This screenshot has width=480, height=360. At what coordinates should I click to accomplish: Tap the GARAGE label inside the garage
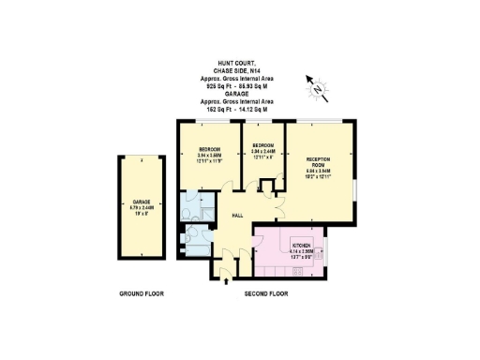click(142, 202)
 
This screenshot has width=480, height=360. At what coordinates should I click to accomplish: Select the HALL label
click(238, 216)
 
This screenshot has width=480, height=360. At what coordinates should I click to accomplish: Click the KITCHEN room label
click(301, 243)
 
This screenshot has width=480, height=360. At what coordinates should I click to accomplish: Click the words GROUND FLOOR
click(142, 293)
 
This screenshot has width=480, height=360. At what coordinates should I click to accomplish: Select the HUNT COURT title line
click(239, 62)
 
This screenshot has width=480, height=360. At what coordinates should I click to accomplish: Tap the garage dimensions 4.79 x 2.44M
click(142, 208)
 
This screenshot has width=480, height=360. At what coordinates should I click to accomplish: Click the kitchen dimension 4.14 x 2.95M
click(301, 249)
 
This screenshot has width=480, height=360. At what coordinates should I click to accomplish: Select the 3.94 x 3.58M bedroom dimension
click(209, 157)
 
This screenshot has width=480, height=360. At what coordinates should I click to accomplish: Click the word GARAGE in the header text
click(239, 94)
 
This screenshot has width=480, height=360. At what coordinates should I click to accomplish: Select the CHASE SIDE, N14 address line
click(239, 68)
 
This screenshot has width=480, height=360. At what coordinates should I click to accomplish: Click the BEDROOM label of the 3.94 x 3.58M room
click(209, 150)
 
